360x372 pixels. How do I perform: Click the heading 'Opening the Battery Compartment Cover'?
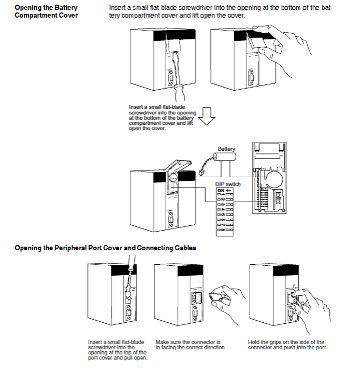tap(46, 12)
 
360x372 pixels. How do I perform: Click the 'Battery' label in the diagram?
tap(226, 149)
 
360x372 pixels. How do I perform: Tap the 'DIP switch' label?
tap(228, 184)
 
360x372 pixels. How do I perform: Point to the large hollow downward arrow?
tap(207, 117)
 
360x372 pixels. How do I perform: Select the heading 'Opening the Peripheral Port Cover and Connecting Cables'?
tap(105, 248)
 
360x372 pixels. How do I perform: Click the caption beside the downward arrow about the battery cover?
tap(162, 118)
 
